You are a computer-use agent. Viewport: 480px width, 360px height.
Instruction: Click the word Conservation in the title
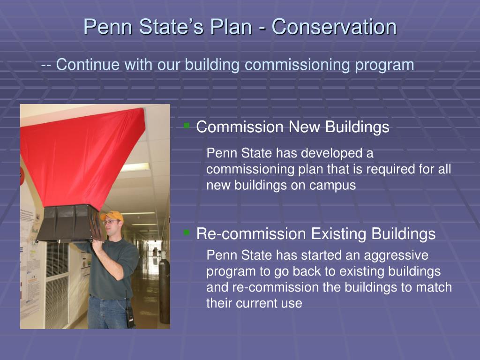point(334,27)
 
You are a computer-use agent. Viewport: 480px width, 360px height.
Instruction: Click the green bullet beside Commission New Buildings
point(187,125)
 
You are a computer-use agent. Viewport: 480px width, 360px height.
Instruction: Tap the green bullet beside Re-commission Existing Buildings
point(187,232)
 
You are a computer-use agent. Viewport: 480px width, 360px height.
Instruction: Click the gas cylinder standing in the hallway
point(165,291)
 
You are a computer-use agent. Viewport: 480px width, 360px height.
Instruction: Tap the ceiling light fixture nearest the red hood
point(135,167)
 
